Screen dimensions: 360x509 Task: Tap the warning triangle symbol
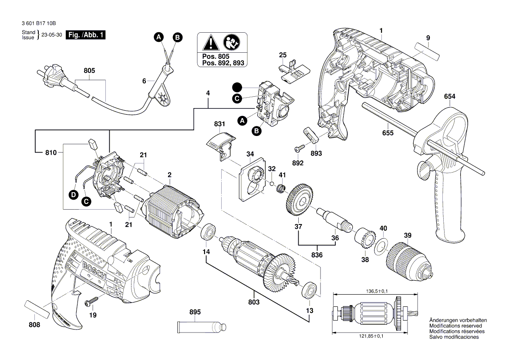click(211, 43)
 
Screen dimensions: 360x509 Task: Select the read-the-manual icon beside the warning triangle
click(231, 43)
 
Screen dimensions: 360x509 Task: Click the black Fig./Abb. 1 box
click(85, 35)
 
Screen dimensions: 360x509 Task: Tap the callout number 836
click(317, 255)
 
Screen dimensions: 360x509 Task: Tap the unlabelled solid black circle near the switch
click(237, 87)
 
